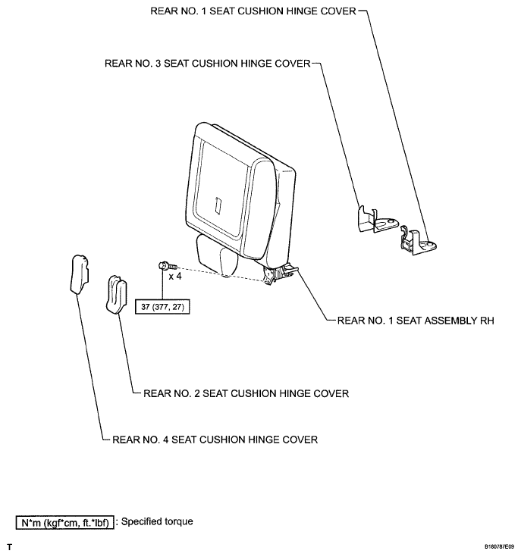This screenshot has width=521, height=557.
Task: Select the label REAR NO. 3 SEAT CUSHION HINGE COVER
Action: (x=208, y=64)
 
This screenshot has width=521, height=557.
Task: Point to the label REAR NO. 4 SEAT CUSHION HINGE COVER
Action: (x=215, y=439)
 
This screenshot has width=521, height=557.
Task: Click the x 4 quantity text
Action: (x=174, y=277)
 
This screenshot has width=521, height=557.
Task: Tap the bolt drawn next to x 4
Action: (x=166, y=266)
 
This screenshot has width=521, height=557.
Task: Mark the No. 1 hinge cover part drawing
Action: (x=416, y=239)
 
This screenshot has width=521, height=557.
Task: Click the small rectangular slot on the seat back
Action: (x=218, y=205)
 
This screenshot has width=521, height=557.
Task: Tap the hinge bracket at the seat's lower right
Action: (x=281, y=273)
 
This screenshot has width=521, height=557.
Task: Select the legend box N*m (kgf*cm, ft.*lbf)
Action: (x=64, y=521)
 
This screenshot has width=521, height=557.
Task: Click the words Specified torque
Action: (x=157, y=521)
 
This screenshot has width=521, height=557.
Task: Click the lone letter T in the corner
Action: (x=9, y=546)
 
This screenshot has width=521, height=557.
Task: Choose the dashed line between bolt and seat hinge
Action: (x=220, y=274)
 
